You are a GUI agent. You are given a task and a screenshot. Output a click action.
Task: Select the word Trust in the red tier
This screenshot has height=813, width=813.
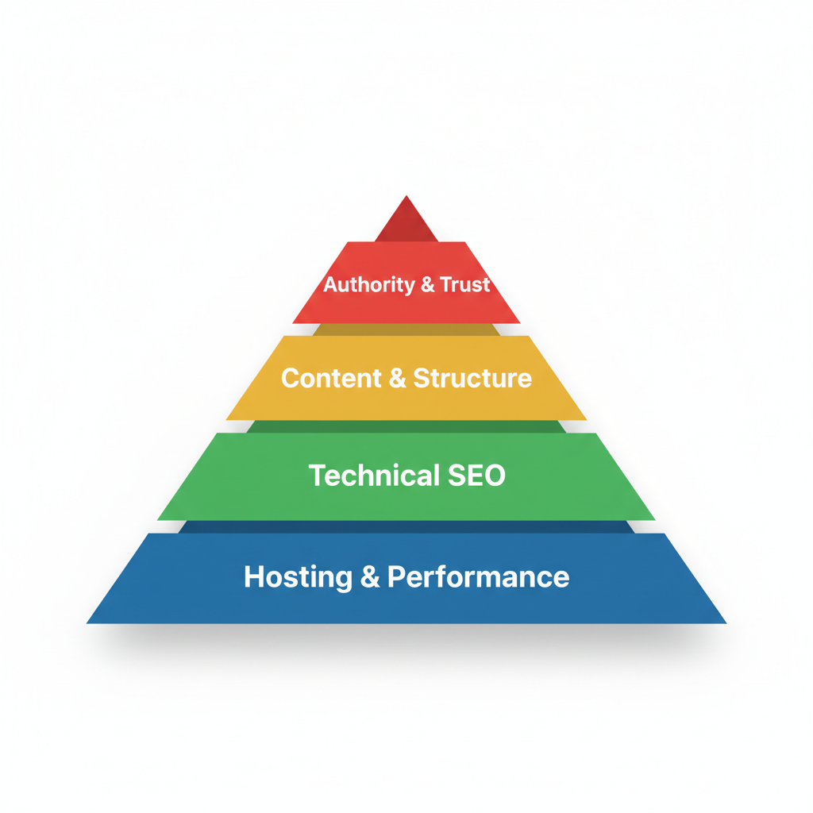click(466, 285)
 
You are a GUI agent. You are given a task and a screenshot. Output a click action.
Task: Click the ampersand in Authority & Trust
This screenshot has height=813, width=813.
click(428, 285)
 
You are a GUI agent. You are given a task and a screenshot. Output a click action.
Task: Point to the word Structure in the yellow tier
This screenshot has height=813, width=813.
click(472, 378)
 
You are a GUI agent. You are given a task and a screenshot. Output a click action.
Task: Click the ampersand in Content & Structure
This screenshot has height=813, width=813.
click(398, 378)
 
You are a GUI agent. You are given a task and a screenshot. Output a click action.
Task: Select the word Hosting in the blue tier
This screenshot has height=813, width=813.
click(298, 576)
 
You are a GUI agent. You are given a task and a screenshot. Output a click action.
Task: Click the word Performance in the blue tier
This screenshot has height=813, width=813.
click(478, 576)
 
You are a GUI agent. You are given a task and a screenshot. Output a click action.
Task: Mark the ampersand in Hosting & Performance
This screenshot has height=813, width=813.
click(370, 577)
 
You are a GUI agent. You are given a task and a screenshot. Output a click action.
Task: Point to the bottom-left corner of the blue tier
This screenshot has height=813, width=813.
click(88, 622)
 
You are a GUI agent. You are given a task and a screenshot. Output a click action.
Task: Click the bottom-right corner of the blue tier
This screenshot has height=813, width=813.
click(725, 622)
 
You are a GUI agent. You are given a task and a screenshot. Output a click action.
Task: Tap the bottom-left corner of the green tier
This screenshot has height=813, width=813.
click(159, 520)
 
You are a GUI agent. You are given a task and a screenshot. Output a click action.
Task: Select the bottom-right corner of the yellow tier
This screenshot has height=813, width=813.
click(586, 419)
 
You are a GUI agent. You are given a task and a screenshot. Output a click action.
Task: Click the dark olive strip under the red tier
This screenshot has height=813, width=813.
click(406, 329)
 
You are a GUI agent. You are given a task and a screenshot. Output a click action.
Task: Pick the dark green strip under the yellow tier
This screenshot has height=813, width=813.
click(406, 426)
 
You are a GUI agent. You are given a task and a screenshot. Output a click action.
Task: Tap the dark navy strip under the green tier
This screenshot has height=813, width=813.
click(406, 526)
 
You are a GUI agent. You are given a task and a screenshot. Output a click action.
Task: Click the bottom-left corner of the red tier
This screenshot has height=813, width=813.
click(294, 322)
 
